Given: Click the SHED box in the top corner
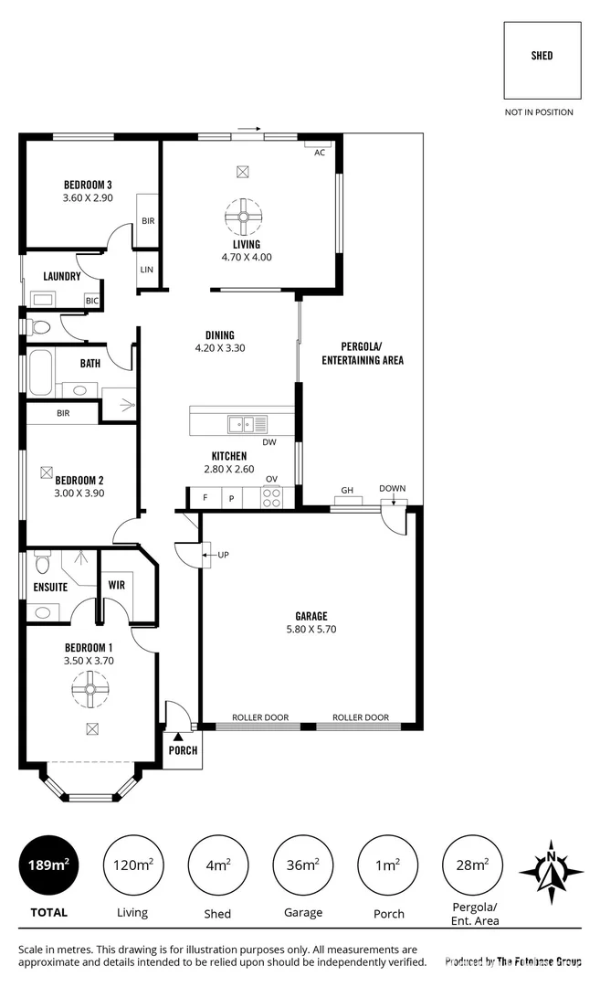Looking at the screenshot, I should [x=542, y=59].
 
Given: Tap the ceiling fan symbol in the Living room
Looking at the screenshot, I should [x=243, y=217].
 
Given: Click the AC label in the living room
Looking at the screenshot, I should [x=320, y=153].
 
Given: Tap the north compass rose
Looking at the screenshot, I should [x=551, y=871].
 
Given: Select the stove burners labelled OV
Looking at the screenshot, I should [x=272, y=497].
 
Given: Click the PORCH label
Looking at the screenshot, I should [x=183, y=750].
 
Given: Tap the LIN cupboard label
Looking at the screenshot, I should [x=147, y=270].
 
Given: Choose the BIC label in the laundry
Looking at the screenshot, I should [x=91, y=300].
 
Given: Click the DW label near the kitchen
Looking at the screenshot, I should [x=268, y=442].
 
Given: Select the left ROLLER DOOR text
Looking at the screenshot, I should [x=260, y=717].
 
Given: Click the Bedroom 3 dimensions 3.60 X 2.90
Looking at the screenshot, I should [x=88, y=197].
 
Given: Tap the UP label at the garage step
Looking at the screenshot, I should [x=223, y=554].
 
